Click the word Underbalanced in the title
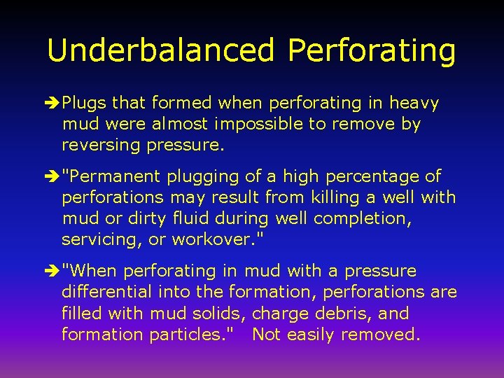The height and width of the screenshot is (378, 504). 162,50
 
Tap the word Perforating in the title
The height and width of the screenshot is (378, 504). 372,50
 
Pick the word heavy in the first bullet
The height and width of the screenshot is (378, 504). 414,104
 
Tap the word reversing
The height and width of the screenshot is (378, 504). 101,146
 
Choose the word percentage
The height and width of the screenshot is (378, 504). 369,176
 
